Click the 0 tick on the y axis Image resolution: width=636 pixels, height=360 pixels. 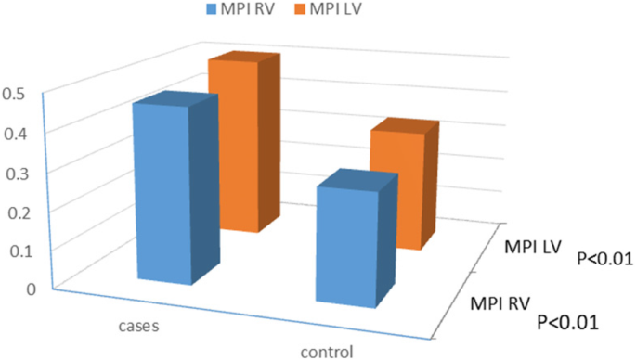pos(31,289)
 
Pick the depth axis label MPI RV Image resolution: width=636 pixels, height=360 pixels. pos(500,302)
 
